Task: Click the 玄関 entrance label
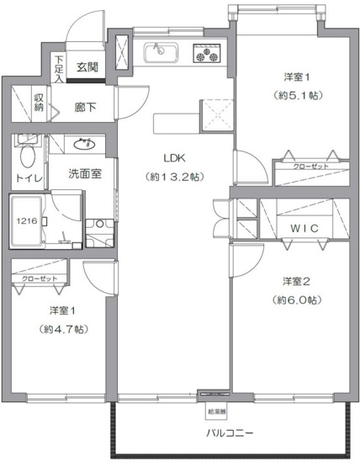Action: [87, 66]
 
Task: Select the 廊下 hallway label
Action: [85, 107]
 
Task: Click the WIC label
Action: [298, 228]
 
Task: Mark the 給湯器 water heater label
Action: [215, 411]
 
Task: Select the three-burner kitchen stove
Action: [205, 55]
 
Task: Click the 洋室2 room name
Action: [294, 280]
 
